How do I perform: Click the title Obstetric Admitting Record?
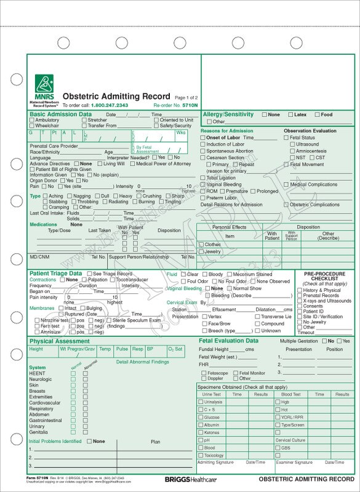tap(117, 97)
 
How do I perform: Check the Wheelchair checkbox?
tap(32, 125)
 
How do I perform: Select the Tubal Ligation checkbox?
tap(203, 178)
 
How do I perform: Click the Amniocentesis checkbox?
tap(293, 151)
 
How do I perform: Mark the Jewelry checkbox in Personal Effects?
tap(201, 252)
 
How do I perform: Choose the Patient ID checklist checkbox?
tap(300, 311)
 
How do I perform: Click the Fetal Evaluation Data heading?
tap(228, 340)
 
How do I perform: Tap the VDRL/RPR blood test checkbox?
tap(277, 416)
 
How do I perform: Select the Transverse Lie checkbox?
tap(257, 316)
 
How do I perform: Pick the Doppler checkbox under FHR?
tap(203, 378)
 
